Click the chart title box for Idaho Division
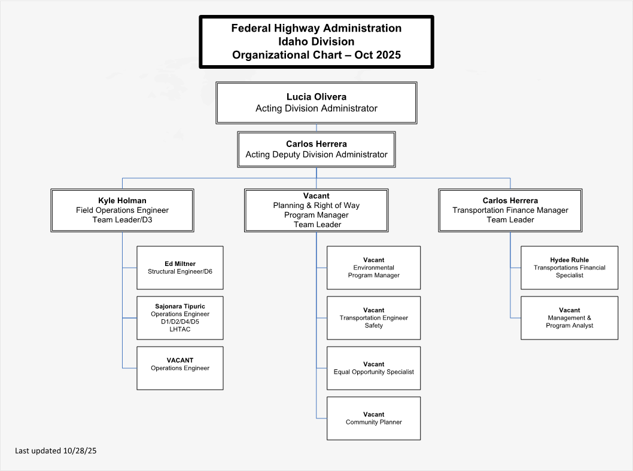(x=316, y=42)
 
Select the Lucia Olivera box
(x=316, y=103)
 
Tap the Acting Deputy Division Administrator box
(x=316, y=149)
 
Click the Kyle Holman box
(x=122, y=210)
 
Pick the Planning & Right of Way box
(x=316, y=210)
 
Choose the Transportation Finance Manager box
(x=510, y=210)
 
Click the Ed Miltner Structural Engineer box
(x=179, y=268)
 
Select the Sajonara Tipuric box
(x=179, y=318)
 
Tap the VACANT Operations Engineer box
(x=179, y=368)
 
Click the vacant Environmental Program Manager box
(x=373, y=268)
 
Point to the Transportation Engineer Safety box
(x=373, y=318)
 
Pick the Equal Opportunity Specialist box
(x=373, y=368)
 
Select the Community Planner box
(x=373, y=418)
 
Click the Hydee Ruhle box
(x=569, y=268)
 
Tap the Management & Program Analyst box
(x=569, y=318)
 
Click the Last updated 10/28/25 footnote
(x=56, y=451)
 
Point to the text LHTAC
(x=179, y=329)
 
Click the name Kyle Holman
(x=122, y=201)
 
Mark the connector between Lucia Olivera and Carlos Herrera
(x=316, y=128)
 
